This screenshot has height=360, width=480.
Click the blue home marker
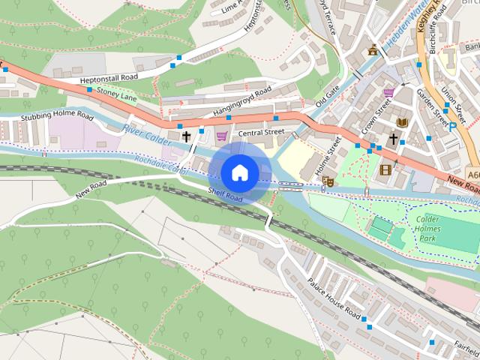click(240, 172)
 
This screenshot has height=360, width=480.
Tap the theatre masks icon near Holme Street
click(328, 181)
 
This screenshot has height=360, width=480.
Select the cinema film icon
click(386, 169)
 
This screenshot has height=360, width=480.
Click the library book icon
click(402, 121)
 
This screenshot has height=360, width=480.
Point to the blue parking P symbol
click(452, 127)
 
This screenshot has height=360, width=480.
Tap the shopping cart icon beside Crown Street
click(388, 93)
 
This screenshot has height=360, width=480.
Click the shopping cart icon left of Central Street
click(222, 136)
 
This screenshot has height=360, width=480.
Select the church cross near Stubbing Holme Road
click(186, 136)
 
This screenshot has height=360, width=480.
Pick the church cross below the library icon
click(392, 139)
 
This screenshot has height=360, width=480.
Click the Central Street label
click(261, 133)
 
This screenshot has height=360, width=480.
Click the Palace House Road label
click(334, 295)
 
